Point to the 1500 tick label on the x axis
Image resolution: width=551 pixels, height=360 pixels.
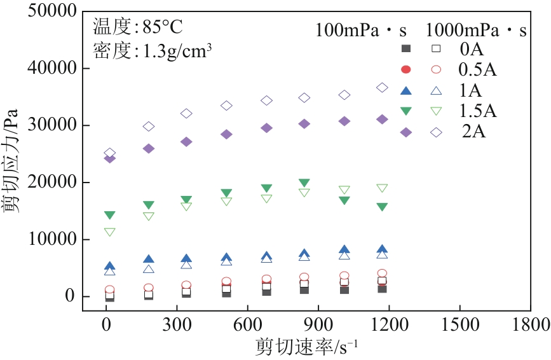(x=458, y=324)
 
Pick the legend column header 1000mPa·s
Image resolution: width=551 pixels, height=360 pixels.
(x=476, y=30)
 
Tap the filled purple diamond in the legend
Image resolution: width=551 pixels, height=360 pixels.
(x=406, y=132)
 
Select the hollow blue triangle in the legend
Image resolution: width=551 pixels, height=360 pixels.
(x=436, y=90)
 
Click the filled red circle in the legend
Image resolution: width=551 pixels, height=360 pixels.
(x=406, y=69)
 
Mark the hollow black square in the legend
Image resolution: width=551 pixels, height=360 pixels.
(x=436, y=48)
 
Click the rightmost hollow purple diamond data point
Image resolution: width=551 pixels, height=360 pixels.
(x=382, y=88)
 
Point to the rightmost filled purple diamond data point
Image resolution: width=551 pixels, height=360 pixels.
(x=382, y=119)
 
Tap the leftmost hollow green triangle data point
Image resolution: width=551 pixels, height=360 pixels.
(x=109, y=232)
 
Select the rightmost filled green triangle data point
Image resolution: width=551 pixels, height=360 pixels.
(x=382, y=207)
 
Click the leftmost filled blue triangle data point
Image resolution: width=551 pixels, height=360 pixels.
(x=109, y=267)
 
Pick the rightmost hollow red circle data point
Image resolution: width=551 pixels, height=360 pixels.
(x=382, y=273)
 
